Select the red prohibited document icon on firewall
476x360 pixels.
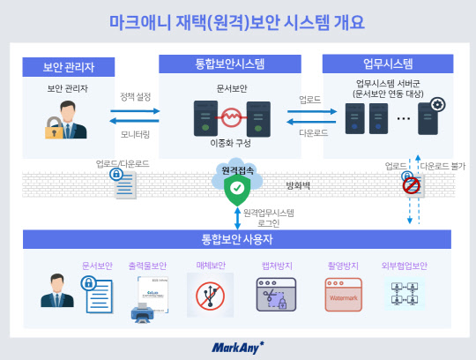click(x=411, y=185)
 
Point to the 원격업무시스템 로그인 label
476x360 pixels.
click(x=269, y=216)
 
